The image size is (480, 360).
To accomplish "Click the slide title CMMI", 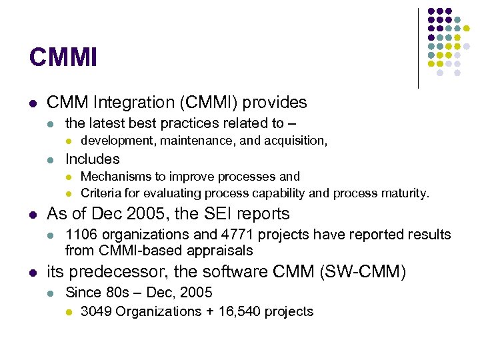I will coord(63,57).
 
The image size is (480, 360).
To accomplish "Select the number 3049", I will coord(96,311).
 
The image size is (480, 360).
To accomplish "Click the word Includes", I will coord(92,159).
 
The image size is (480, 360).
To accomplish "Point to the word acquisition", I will coord(294,140).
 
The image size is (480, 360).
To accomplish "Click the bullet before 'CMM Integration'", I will coord(33,103).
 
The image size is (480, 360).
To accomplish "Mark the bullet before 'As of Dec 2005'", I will coord(33,215).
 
